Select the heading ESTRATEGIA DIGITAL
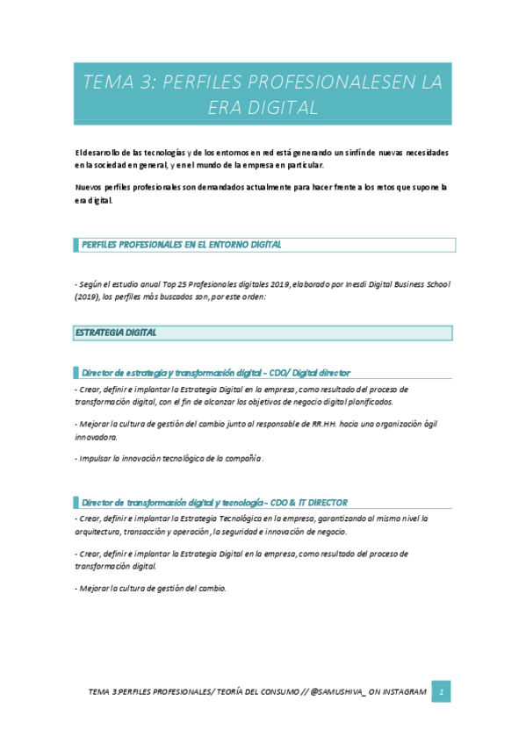(116, 333)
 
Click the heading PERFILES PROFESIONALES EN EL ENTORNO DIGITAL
(181, 245)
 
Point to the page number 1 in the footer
(444, 692)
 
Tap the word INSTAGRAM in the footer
(400, 692)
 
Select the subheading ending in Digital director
(216, 372)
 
